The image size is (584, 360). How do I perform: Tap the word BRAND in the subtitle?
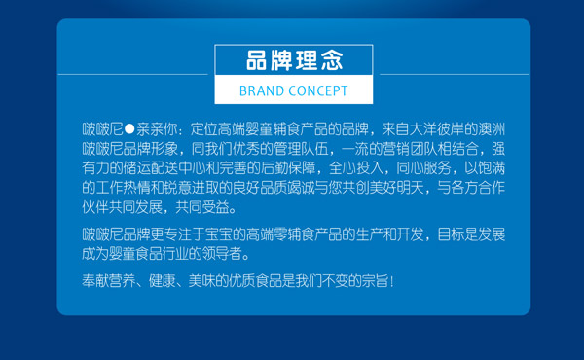(x=260, y=91)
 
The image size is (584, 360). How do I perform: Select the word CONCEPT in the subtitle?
(x=316, y=91)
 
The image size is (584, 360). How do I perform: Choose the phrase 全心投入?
(x=359, y=166)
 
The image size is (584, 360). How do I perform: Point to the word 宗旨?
(x=372, y=281)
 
